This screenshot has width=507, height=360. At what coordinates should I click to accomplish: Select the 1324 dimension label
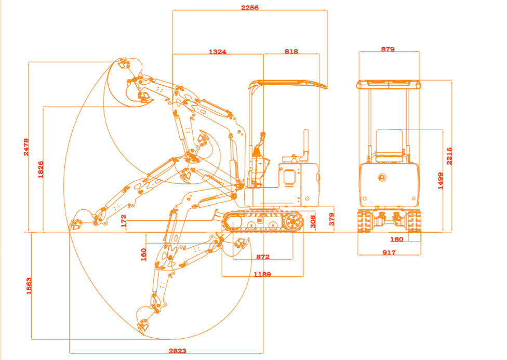(217, 51)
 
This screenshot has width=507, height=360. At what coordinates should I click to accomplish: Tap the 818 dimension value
(291, 51)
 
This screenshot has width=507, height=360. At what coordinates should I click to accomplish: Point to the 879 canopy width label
(388, 49)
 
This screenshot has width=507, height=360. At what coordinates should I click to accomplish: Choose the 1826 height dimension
(41, 169)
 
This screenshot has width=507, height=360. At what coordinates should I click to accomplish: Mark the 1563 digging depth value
(29, 285)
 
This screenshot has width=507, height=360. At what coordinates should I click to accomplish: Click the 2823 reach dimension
(177, 351)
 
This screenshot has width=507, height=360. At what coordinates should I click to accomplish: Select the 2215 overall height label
(449, 156)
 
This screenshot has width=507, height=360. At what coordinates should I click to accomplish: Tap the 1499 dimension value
(441, 181)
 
